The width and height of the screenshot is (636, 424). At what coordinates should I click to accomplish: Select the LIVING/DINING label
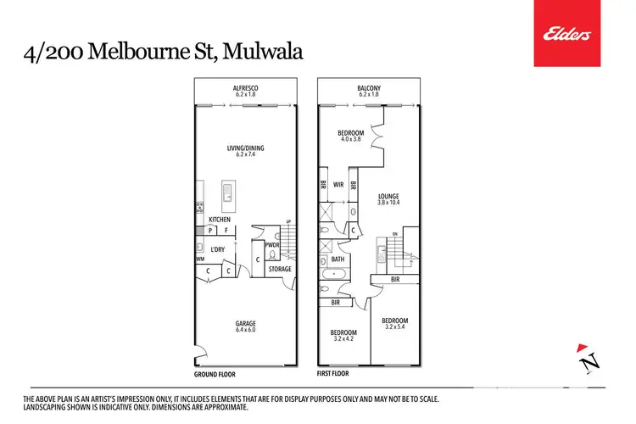coord(246,148)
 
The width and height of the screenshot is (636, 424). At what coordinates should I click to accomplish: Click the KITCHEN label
coord(220,220)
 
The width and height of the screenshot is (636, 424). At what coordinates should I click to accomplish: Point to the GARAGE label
coord(246,323)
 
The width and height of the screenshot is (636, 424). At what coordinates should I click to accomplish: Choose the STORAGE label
coord(280,270)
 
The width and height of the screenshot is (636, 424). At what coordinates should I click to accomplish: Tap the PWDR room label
coord(272,245)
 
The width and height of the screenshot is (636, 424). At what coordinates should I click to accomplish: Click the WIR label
coord(338,183)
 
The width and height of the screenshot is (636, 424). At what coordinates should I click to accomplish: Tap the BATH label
coord(338,259)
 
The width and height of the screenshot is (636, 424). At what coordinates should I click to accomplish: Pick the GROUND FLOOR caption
coord(215,374)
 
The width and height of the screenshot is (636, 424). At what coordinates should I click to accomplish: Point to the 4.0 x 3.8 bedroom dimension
coord(351,140)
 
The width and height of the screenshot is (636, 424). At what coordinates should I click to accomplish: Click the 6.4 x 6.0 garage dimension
coord(246,330)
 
